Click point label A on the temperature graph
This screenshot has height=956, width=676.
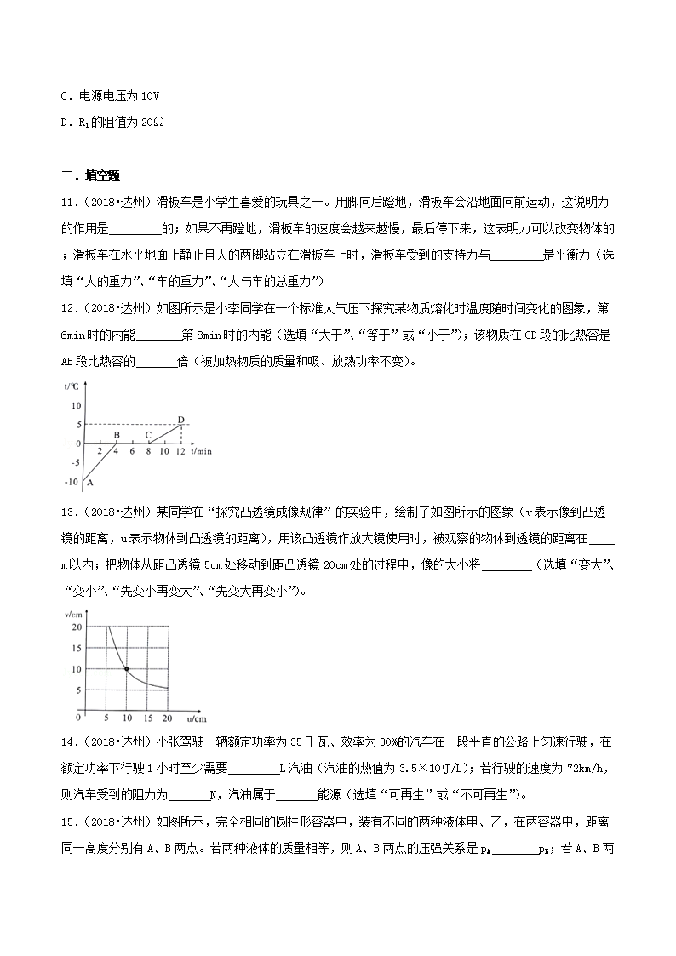pos(88,483)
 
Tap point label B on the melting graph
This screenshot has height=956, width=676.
pos(116,435)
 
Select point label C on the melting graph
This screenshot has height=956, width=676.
pos(148,435)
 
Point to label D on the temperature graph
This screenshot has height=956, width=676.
pos(180,418)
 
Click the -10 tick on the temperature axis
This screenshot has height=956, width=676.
pos(71,482)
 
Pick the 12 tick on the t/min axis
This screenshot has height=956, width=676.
pos(180,451)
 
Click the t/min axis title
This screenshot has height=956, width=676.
pos(202,450)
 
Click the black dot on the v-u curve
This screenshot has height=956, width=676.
pos(126,669)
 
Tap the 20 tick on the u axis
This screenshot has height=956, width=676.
pos(167,718)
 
